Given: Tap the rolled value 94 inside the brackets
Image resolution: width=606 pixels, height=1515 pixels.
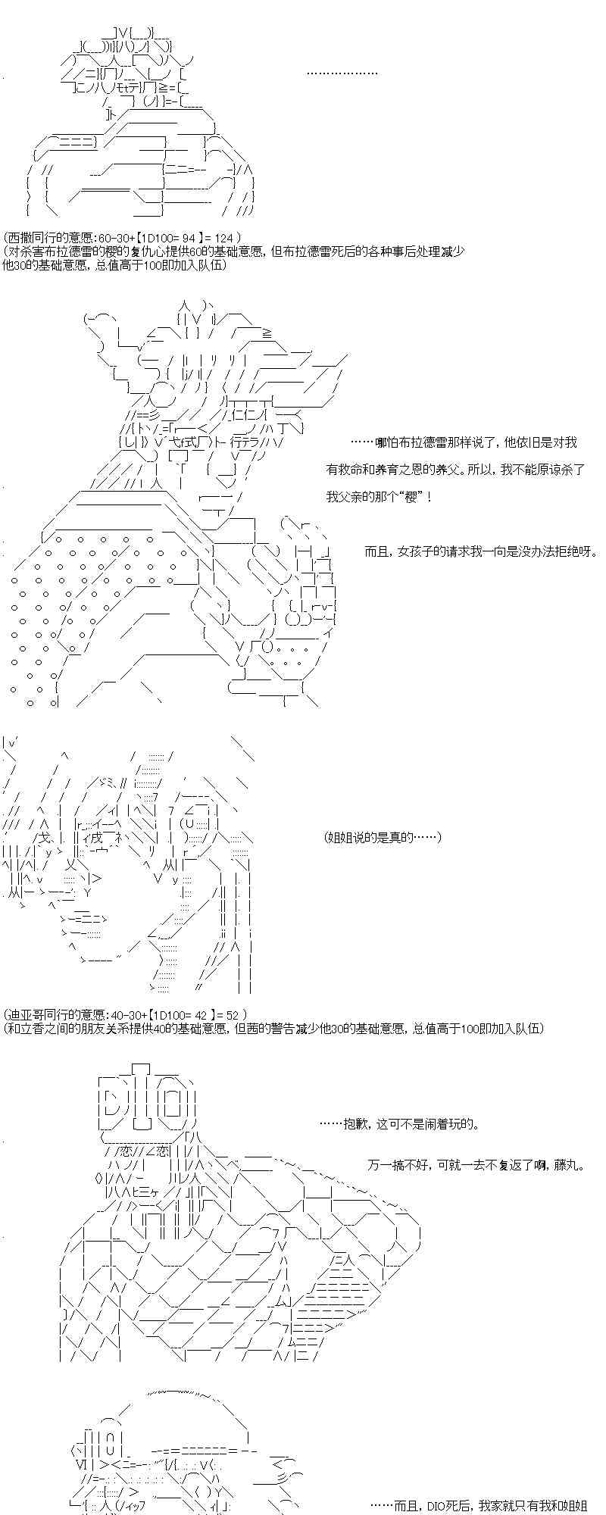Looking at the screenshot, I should click(189, 238).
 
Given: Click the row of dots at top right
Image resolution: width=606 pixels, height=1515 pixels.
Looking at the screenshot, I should click(342, 73).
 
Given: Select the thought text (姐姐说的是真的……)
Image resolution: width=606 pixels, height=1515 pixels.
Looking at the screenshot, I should click(383, 837).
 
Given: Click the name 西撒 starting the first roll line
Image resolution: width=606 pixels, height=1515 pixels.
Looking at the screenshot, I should click(17, 238).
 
